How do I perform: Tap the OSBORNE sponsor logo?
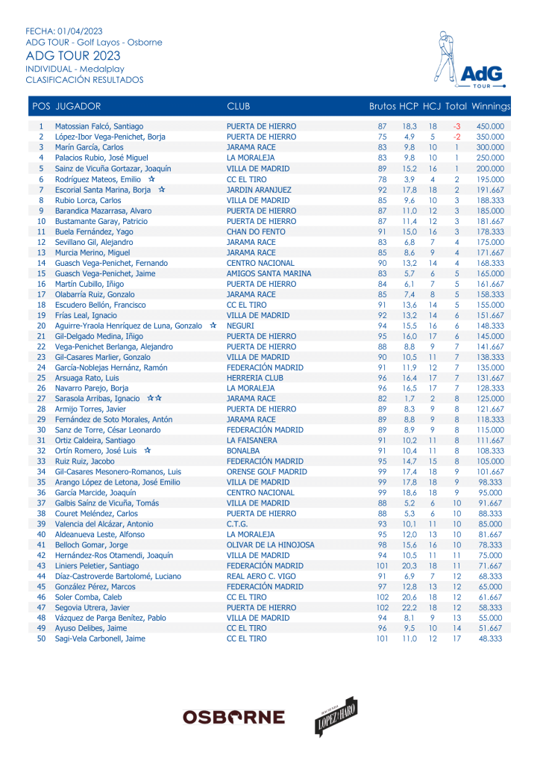click(x=233, y=717)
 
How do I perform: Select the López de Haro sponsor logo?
click(x=336, y=716)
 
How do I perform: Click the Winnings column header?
click(x=491, y=107)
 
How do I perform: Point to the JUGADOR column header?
click(x=78, y=107)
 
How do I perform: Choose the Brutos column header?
click(x=382, y=107)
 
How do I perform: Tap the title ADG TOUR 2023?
click(x=72, y=56)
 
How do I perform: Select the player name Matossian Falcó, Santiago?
click(x=99, y=127)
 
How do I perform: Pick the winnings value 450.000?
click(x=490, y=127)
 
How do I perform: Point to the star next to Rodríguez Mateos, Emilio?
click(x=151, y=179)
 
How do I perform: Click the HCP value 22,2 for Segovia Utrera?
click(x=409, y=607)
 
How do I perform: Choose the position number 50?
click(x=41, y=639)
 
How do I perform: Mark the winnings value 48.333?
click(x=490, y=639)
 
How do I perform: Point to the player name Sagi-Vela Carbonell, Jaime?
click(x=100, y=639)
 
